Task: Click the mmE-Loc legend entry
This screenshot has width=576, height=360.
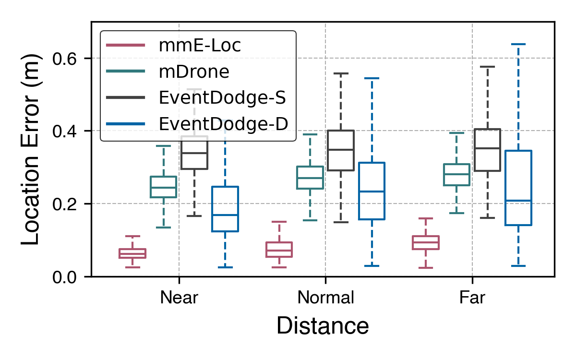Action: tap(200, 46)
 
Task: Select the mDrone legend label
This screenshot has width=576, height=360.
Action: tap(194, 72)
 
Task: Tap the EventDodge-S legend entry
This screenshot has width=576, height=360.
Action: tap(222, 98)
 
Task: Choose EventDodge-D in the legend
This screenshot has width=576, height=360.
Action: tap(223, 124)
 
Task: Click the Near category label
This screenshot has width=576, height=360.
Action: tap(179, 298)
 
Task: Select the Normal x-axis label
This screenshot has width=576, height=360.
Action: tap(325, 298)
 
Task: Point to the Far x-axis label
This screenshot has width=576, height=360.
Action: tap(472, 298)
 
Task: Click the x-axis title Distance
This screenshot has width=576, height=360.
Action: tap(323, 326)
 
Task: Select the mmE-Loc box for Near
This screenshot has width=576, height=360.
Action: tap(132, 253)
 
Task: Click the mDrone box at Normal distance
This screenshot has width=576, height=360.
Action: tap(310, 178)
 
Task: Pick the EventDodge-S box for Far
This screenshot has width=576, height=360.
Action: tap(487, 150)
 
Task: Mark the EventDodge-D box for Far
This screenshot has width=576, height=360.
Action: tap(518, 188)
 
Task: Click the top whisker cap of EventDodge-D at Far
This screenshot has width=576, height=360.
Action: tap(518, 44)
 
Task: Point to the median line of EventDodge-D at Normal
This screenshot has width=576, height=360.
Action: tap(372, 192)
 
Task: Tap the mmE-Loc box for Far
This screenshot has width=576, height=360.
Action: tap(425, 242)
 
